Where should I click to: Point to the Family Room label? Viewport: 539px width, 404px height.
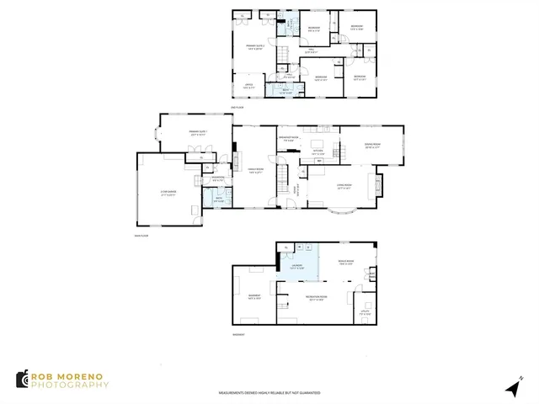click(256, 173)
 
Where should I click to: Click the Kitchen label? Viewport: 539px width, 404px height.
click(318, 153)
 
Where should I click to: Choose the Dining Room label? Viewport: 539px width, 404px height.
click(371, 144)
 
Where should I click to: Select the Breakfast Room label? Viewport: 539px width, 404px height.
click(291, 138)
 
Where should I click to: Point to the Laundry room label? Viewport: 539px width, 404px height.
click(296, 267)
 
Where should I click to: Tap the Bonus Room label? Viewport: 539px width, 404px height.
click(344, 263)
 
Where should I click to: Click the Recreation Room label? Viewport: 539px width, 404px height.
click(317, 298)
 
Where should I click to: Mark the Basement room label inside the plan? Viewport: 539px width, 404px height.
click(253, 297)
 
